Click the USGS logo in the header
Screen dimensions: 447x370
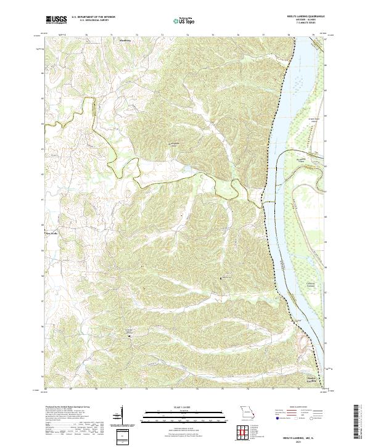click(56, 20)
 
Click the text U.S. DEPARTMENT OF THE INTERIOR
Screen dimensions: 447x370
click(93, 17)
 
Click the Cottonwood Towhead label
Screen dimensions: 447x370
click(298, 284)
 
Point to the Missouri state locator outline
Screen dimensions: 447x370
click(246, 412)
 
